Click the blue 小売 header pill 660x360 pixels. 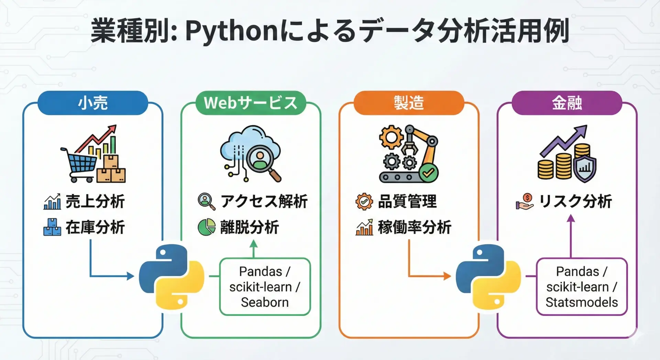point(93,103)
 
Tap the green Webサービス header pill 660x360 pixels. point(251,103)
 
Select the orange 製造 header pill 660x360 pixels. point(409,103)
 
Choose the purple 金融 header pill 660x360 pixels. point(567,103)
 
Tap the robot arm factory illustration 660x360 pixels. point(408,154)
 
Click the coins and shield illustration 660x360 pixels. point(566,154)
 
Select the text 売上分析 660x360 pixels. point(95,201)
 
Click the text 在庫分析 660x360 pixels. point(95,227)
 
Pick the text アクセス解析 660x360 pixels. point(264,201)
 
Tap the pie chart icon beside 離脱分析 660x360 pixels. point(206,227)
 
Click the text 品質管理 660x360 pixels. point(407,201)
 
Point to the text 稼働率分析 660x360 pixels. point(415,227)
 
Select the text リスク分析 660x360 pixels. point(575,201)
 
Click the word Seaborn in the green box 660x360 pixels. point(265,302)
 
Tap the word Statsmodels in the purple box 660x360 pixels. point(582,302)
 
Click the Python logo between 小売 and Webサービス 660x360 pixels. point(172,276)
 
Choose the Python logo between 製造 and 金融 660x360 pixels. point(488,276)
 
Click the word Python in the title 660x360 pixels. point(231,31)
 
